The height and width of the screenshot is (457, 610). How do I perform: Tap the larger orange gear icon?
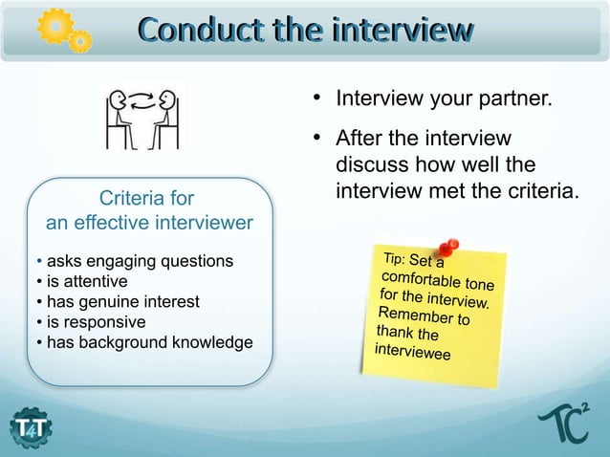[x=53, y=25]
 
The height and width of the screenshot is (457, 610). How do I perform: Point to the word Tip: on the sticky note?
[x=396, y=259]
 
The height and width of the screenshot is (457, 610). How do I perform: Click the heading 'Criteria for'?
[x=147, y=199]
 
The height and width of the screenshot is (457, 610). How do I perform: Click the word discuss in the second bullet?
[x=369, y=166]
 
